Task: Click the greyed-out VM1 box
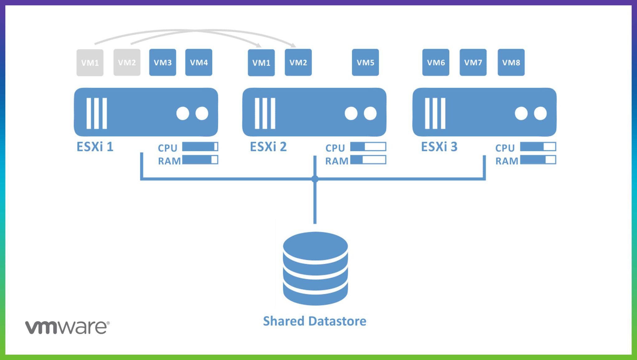coord(90,63)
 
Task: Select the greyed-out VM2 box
coord(127,62)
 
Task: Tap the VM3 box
coord(163,62)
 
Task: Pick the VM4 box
coord(199,62)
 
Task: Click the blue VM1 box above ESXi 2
coord(261,63)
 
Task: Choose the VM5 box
coord(365,62)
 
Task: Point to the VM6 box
coord(436,62)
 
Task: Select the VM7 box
coord(473,62)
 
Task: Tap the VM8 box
coord(511,62)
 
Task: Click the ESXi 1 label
coord(95,147)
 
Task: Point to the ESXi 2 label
coord(268,147)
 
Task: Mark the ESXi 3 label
coord(439,147)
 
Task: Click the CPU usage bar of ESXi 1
coord(200,147)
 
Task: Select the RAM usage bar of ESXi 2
coord(368,160)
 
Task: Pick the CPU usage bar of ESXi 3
coord(538,147)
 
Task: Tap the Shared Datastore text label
coord(314,321)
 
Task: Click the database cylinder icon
coord(315,268)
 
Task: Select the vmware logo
coord(67,327)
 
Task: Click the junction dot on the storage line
coord(315,179)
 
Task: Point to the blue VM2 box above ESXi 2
coord(298,63)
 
